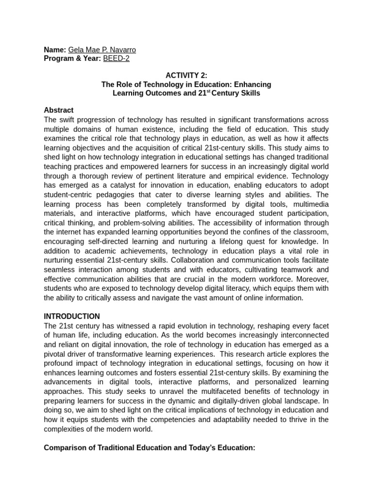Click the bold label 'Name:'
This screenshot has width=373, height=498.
[x=55, y=50]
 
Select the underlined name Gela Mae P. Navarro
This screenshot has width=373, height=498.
[x=102, y=50]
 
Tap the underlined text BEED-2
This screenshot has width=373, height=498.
[x=117, y=58]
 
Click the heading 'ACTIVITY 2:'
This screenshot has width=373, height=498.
[x=186, y=75]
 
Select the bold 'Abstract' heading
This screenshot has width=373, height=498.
[x=59, y=110]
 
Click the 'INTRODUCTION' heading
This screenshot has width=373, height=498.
[x=72, y=316]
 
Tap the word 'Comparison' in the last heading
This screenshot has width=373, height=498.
[x=64, y=447]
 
